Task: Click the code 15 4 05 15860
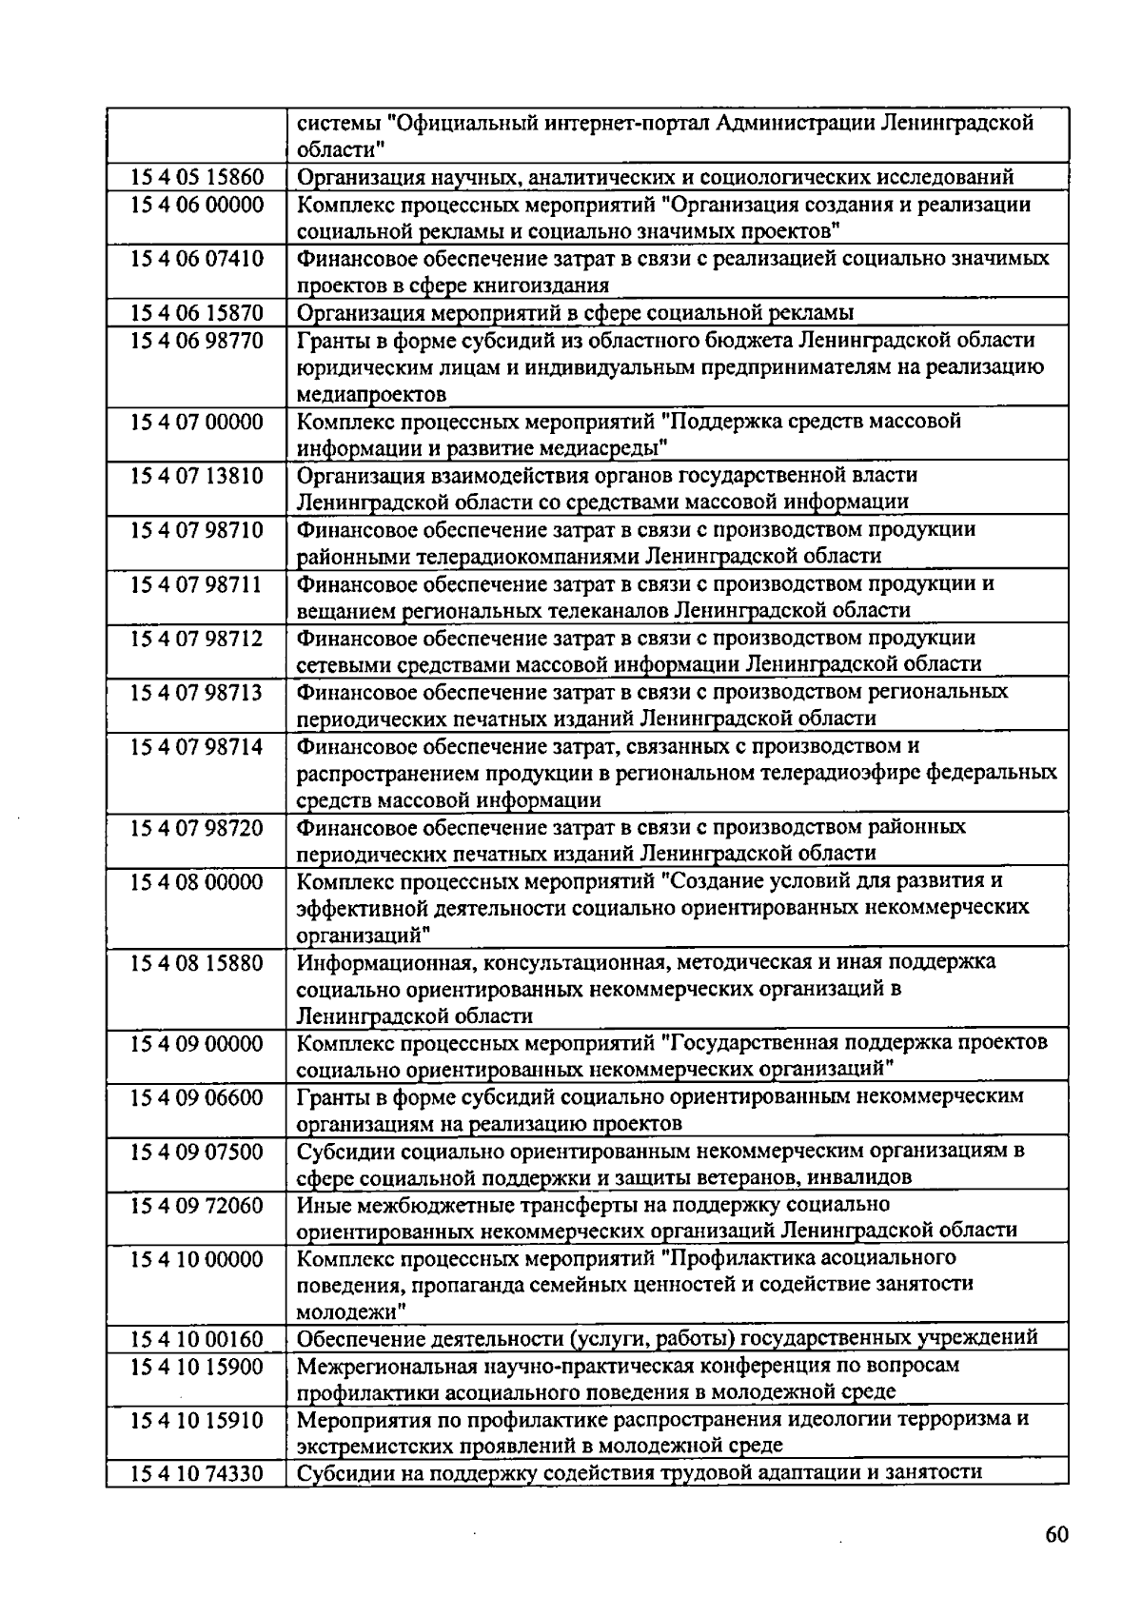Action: pyautogui.click(x=196, y=177)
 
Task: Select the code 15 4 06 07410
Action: pyautogui.click(x=196, y=259)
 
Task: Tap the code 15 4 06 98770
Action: pyautogui.click(x=196, y=341)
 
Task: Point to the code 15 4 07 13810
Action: pyautogui.click(x=196, y=476)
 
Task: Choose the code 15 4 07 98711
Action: pyautogui.click(x=196, y=584)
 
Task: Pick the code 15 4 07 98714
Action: pyautogui.click(x=196, y=746)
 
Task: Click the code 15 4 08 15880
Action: pyautogui.click(x=196, y=962)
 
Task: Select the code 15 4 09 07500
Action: pyautogui.click(x=196, y=1152)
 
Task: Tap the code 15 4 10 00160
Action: pyautogui.click(x=196, y=1339)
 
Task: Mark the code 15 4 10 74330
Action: pyautogui.click(x=196, y=1474)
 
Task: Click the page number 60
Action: pyautogui.click(x=1056, y=1535)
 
